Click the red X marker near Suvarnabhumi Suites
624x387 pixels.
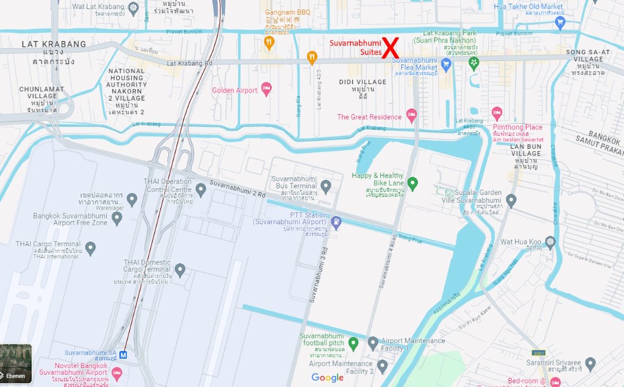390,48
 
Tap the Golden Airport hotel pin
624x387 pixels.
266,90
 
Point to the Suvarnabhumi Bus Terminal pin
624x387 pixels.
325,185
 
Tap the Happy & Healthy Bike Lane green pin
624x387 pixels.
413,183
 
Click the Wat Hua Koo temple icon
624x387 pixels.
550,243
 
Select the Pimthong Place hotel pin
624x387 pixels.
497,113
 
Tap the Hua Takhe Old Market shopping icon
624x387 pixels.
561,23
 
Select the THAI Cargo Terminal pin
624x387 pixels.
90,248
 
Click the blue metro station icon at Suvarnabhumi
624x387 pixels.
124,354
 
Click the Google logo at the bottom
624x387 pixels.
328,378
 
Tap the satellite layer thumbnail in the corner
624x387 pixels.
16,363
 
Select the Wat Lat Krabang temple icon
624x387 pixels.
133,7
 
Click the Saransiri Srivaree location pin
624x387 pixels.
589,364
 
